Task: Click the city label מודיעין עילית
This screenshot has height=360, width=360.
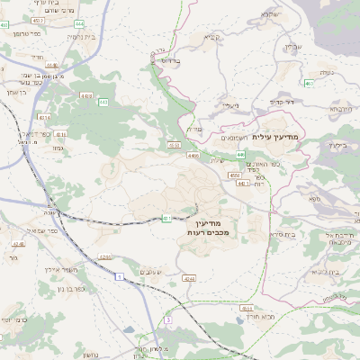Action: pyautogui.click(x=280, y=136)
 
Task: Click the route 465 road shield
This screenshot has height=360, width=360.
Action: pyautogui.click(x=309, y=84)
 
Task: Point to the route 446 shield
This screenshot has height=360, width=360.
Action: pyautogui.click(x=241, y=154)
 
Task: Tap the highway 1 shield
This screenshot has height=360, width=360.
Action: pyautogui.click(x=117, y=276)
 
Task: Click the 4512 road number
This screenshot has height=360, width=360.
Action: pyautogui.click(x=38, y=19)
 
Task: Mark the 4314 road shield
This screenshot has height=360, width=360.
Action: pyautogui.click(x=43, y=117)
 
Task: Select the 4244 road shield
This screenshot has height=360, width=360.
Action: pyautogui.click(x=189, y=278)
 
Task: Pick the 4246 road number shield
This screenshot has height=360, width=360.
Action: pyautogui.click(x=19, y=243)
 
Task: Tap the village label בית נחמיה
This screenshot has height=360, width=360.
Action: pyautogui.click(x=82, y=37)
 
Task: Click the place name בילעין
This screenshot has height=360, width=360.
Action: pyautogui.click(x=337, y=145)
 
